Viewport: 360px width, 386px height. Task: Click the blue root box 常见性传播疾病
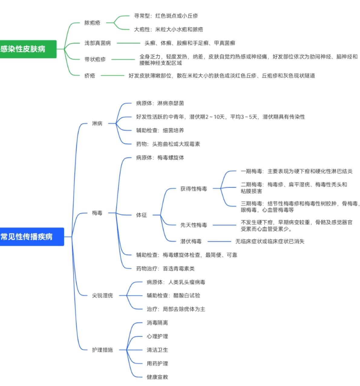[30, 237]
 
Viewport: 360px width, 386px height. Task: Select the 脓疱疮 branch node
[92, 23]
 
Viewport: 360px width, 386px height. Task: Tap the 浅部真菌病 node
[97, 43]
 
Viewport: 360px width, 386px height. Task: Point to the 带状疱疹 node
[95, 59]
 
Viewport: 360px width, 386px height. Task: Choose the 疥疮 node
[90, 76]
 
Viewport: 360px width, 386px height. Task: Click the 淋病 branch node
[97, 123]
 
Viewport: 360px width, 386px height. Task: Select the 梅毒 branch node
[97, 213]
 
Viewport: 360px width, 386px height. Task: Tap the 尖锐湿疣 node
[102, 296]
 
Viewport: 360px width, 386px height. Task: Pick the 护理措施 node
[102, 350]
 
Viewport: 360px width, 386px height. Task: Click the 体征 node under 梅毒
[141, 215]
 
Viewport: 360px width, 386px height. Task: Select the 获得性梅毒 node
[194, 189]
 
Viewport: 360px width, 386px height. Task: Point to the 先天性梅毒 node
[194, 225]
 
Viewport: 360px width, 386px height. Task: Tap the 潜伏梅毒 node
[191, 242]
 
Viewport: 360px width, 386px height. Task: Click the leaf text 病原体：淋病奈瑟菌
[160, 103]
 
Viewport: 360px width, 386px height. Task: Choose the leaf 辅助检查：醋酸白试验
[173, 296]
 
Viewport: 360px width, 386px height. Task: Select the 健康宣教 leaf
[157, 377]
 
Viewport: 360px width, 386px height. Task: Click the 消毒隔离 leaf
[157, 323]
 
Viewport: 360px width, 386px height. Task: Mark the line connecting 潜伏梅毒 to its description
[219, 242]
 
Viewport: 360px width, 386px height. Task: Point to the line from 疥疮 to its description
[113, 76]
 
